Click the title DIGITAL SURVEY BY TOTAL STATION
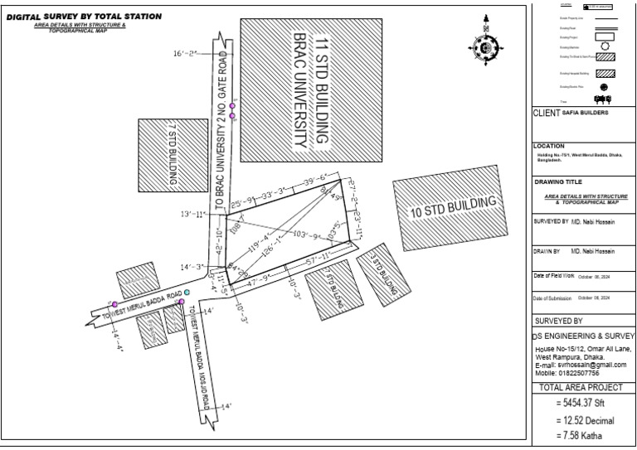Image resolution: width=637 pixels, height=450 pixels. (x=84, y=17)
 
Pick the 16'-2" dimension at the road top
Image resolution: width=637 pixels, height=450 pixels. (x=187, y=54)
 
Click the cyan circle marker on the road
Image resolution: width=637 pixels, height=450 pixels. (x=187, y=293)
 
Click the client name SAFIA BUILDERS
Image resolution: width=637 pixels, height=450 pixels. (x=586, y=112)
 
